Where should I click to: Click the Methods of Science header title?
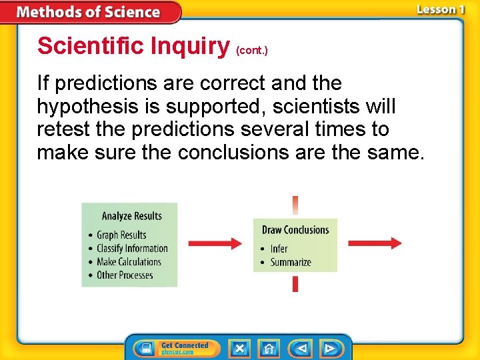88,12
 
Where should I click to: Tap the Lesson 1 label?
441,9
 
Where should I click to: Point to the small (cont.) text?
252,51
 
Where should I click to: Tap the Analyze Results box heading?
131,216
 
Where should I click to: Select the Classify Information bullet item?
132,248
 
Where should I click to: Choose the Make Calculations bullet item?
129,261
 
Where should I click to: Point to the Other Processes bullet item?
125,275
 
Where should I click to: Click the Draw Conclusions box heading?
295,230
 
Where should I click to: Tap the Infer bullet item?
279,249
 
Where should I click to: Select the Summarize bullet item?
291,262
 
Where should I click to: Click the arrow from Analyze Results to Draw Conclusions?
215,243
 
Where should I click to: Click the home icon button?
269,349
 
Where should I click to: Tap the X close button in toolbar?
239,349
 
